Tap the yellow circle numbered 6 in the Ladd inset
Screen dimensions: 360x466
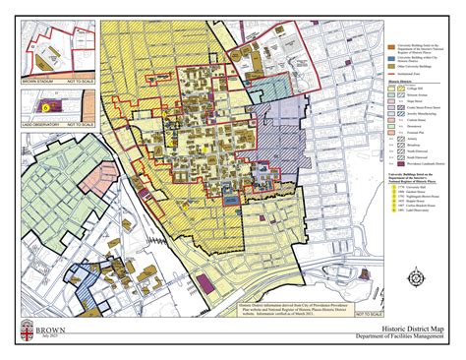click(44, 103)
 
